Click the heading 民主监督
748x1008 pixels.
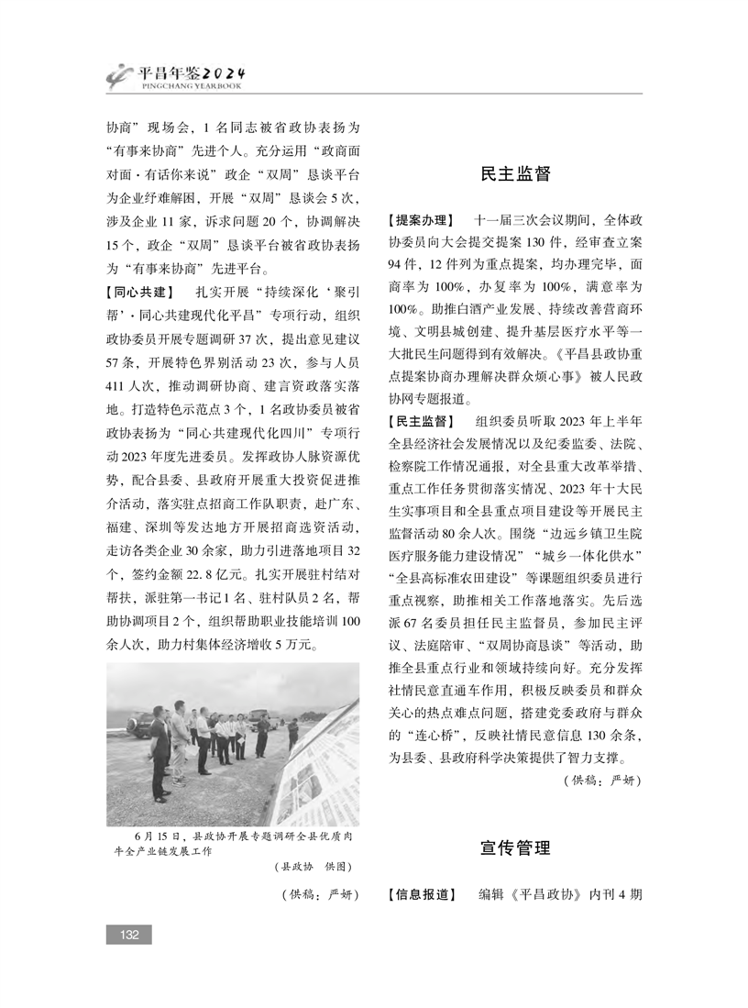(515, 174)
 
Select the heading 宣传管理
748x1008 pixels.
(515, 848)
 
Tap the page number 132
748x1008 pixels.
(128, 934)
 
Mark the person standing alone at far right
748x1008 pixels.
(292, 734)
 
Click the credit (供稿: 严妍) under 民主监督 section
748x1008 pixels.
(600, 780)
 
